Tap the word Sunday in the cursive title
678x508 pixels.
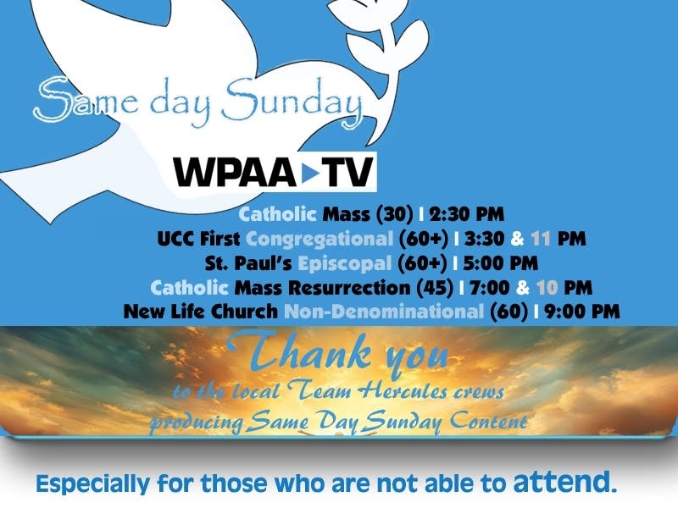292,102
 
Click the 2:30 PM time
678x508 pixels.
467,214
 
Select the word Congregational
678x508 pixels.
320,239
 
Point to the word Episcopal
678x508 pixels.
345,263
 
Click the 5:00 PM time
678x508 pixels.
500,263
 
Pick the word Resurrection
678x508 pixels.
349,288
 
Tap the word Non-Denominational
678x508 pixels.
384,312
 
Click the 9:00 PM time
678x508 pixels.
582,312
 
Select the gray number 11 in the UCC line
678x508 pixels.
541,239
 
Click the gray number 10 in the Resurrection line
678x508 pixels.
547,288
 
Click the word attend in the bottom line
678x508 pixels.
564,482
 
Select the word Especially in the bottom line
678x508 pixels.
92,483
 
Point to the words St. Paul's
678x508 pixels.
248,263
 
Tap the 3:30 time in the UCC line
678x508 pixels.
484,239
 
